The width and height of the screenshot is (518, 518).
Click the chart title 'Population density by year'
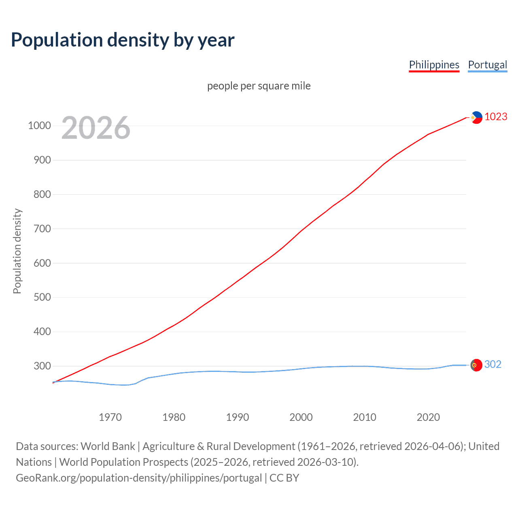point(123,40)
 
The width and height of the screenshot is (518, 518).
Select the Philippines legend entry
point(434,65)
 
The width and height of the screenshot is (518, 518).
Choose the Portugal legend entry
point(487,65)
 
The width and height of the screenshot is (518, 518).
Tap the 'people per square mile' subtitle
point(259,86)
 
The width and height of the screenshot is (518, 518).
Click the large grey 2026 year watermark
point(96,128)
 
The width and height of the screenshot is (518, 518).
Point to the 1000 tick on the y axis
point(39,126)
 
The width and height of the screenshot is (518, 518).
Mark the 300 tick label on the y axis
point(42,366)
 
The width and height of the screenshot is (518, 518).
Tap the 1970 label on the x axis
point(110,417)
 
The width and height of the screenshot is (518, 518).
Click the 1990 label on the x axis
point(238,417)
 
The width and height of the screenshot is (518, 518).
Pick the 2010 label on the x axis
point(365,417)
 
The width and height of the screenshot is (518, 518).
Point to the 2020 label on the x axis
point(428,417)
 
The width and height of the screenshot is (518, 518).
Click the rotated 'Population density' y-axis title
point(17,251)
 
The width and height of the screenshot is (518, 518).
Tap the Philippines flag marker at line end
point(476,117)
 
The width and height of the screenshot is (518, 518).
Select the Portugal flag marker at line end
point(476,365)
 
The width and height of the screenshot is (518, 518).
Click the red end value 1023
point(496,117)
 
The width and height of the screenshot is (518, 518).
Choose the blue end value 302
point(493,365)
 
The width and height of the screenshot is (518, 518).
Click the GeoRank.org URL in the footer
point(139,478)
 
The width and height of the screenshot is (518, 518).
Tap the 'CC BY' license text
point(284,478)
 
